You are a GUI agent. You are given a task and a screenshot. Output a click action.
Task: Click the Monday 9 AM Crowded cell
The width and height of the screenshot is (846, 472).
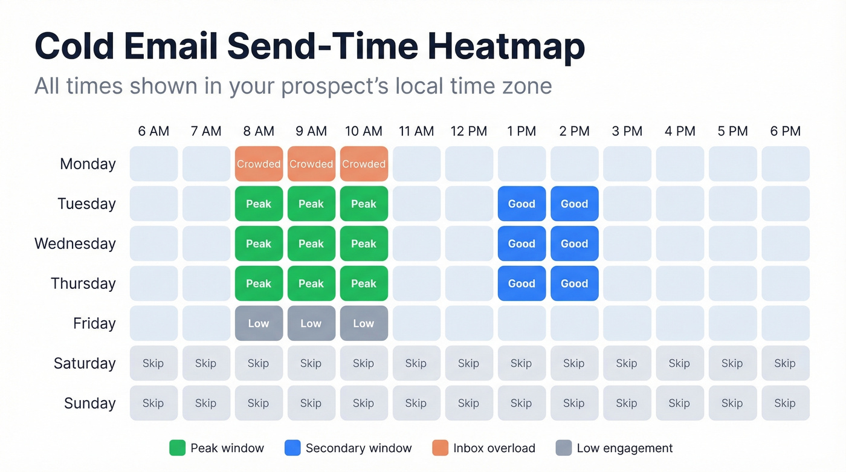pyautogui.click(x=311, y=164)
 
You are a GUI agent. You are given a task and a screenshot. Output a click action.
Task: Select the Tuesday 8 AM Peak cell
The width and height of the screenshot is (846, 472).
pyautogui.click(x=259, y=204)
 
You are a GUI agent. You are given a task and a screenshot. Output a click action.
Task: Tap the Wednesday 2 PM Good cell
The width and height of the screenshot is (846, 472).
pyautogui.click(x=574, y=244)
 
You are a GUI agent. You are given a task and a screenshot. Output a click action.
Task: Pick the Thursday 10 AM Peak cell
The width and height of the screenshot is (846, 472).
pyautogui.click(x=364, y=283)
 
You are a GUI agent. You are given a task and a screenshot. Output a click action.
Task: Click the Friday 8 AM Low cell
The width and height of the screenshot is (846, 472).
pyautogui.click(x=259, y=323)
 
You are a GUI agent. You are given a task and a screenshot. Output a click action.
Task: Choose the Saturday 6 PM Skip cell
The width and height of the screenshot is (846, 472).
pyautogui.click(x=785, y=363)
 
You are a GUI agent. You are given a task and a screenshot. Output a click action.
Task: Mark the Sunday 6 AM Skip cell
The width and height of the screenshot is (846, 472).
pyautogui.click(x=153, y=403)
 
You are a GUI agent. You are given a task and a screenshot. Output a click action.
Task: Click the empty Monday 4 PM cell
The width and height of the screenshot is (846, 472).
pyautogui.click(x=680, y=164)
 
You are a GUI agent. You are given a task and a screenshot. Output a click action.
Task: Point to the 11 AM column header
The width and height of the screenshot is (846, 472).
pyautogui.click(x=416, y=131)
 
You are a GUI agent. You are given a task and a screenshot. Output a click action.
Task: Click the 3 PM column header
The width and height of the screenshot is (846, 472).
pyautogui.click(x=627, y=131)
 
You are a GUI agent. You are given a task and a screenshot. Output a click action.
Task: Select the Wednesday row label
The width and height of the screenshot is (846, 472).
pyautogui.click(x=75, y=244)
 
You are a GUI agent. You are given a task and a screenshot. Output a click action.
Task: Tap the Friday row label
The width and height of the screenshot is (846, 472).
pyautogui.click(x=94, y=323)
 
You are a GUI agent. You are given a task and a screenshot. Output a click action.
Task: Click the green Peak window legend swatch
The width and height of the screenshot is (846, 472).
pyautogui.click(x=177, y=448)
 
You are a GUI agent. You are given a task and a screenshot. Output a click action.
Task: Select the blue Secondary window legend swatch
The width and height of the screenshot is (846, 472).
pyautogui.click(x=292, y=448)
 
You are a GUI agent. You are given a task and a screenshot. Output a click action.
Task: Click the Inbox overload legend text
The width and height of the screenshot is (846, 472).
pyautogui.click(x=494, y=448)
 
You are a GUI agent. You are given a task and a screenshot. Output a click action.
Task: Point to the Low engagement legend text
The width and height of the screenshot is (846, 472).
pyautogui.click(x=624, y=448)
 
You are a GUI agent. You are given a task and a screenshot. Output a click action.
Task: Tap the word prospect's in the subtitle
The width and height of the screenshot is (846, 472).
pyautogui.click(x=335, y=86)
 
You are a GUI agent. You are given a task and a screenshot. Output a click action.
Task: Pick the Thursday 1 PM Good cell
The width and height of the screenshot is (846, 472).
pyautogui.click(x=521, y=283)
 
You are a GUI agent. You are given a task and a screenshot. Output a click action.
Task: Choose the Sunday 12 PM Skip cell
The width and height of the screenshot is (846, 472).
pyautogui.click(x=469, y=403)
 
